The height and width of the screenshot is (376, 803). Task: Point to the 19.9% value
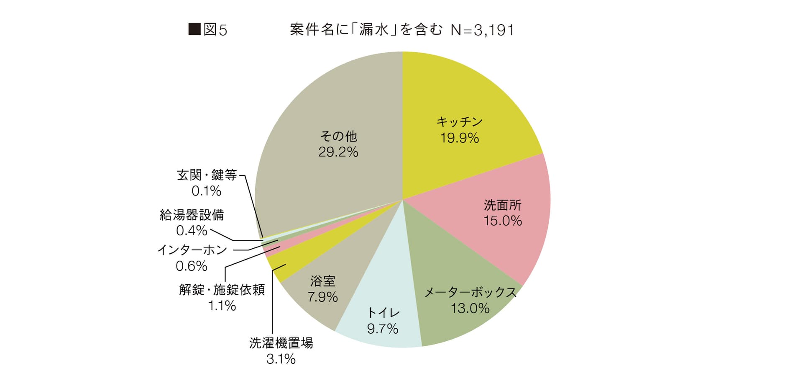click(459, 138)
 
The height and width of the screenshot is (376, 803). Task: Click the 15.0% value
click(503, 221)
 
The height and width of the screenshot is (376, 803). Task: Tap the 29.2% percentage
click(338, 152)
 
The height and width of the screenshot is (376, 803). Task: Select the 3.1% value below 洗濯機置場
click(281, 359)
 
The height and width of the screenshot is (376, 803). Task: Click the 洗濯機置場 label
click(281, 343)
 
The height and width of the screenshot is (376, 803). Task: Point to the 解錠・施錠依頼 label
click(222, 290)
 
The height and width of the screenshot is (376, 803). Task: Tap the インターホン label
click(192, 250)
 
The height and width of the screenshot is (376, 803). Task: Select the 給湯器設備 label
click(192, 215)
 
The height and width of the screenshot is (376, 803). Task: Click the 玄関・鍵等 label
click(207, 175)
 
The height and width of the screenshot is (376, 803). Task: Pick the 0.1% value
click(206, 191)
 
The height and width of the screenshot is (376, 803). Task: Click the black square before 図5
click(194, 30)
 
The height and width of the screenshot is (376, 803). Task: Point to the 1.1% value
click(222, 306)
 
